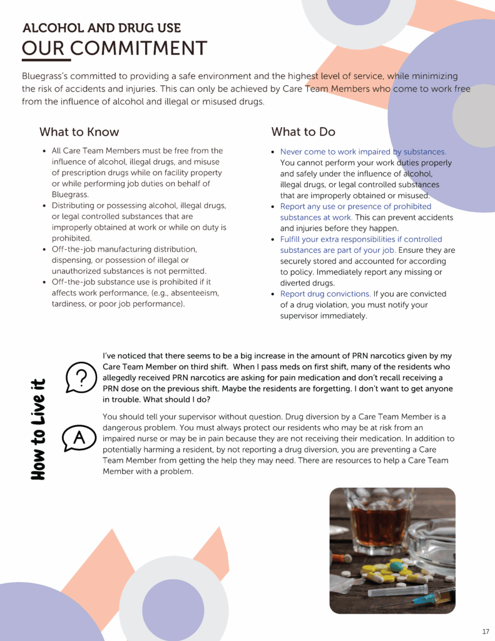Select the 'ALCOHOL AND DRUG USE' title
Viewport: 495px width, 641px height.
101,28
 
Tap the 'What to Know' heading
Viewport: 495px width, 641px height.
79,132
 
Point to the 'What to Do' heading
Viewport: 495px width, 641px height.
303,132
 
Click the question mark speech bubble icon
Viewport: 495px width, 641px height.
80,377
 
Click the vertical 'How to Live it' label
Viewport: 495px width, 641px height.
39,429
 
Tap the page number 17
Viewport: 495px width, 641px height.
486,630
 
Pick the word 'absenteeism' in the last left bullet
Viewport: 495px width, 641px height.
193,293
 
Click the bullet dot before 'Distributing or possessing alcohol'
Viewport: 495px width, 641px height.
44,206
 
